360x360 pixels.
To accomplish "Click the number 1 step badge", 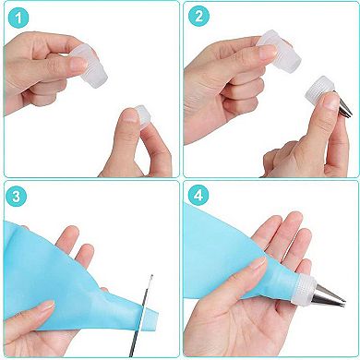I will point(18,18).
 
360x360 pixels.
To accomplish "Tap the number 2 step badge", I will point(198,18).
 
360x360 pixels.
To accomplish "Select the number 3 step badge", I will point(18,197).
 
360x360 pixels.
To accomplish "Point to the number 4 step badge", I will point(198,197).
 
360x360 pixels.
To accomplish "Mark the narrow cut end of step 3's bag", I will point(135,318).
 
